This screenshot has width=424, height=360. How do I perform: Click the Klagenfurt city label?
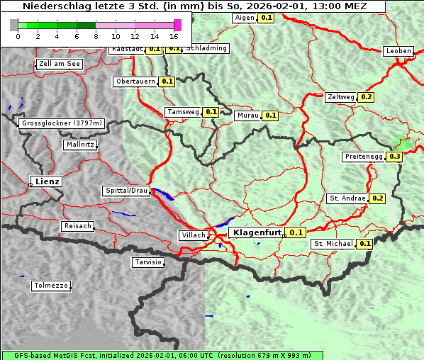(257, 232)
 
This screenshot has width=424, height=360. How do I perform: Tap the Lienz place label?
(46, 181)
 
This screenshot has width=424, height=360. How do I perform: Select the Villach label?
(193, 235)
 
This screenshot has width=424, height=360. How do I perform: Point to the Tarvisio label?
(148, 262)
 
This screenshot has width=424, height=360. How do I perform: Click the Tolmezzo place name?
(50, 286)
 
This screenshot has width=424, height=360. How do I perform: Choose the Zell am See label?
(60, 64)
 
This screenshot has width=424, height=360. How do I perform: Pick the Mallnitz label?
(79, 145)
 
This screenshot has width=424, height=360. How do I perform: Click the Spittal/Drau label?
(126, 191)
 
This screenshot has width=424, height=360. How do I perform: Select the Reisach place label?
(77, 226)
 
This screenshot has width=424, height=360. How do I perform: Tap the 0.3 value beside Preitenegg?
(395, 157)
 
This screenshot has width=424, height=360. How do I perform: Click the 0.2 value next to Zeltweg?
(367, 96)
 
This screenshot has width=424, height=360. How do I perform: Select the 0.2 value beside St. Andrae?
(377, 198)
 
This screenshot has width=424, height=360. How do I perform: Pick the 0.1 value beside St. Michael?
(365, 244)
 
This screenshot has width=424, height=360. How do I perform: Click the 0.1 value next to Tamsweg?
(211, 112)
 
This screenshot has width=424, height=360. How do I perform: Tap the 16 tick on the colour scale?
(174, 36)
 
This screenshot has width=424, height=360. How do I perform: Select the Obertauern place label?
(135, 81)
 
